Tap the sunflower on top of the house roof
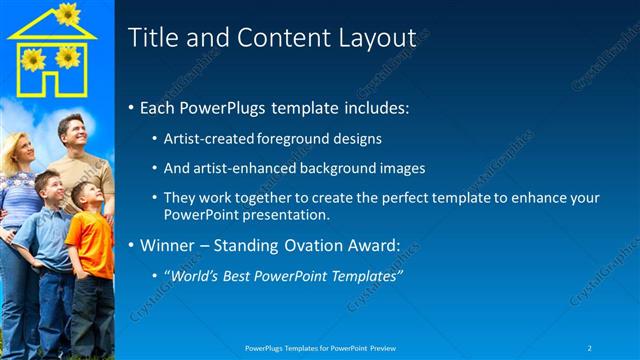click(x=67, y=14)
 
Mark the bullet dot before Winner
click(x=132, y=245)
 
